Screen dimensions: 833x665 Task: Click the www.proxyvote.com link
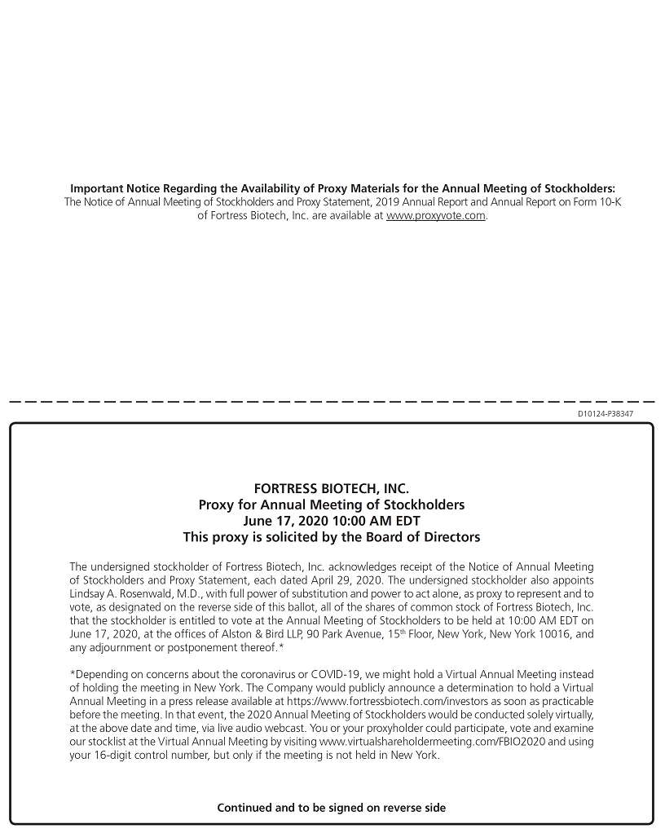tap(436, 216)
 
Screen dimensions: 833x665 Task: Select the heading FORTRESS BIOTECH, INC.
tap(332, 489)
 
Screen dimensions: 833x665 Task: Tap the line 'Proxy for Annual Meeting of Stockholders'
tap(332, 505)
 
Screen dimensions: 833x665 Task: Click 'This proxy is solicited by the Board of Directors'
tap(332, 537)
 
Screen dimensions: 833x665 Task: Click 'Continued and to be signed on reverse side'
tap(332, 808)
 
